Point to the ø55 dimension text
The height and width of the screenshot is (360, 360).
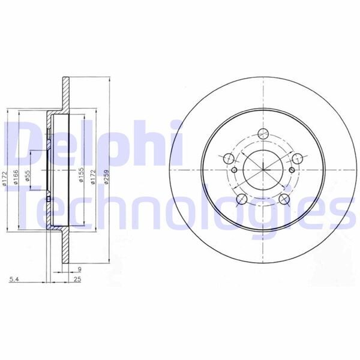pyautogui.click(x=28, y=178)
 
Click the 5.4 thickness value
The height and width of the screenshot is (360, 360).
pyautogui.click(x=13, y=280)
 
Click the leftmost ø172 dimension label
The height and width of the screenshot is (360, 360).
pyautogui.click(x=4, y=178)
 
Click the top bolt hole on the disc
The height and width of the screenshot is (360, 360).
pyautogui.click(x=263, y=135)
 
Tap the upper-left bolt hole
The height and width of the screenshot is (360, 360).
pyautogui.click(x=229, y=159)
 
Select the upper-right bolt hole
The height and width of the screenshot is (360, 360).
pyautogui.click(x=298, y=159)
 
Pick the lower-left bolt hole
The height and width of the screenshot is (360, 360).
pyautogui.click(x=241, y=200)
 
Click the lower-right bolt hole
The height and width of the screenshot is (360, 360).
pyautogui.click(x=285, y=200)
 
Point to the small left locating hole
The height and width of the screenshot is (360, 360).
pyautogui.click(x=235, y=170)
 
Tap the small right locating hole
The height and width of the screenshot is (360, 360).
pyautogui.click(x=292, y=170)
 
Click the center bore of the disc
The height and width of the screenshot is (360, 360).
pyautogui.click(x=263, y=171)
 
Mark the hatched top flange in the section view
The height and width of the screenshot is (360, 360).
pyautogui.click(x=64, y=96)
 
